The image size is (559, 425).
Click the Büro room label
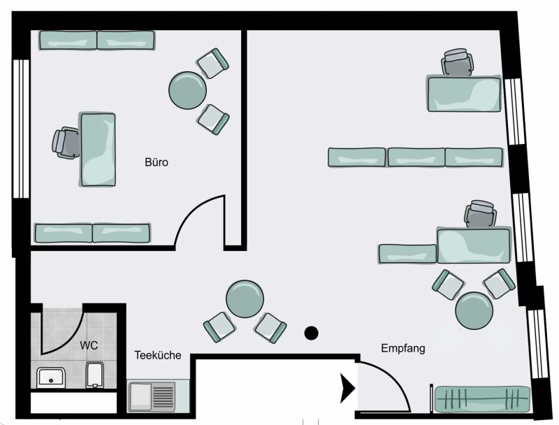click(x=156, y=162)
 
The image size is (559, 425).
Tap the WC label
click(x=89, y=345)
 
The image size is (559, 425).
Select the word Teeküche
click(x=158, y=355)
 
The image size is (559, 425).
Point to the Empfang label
click(x=403, y=348)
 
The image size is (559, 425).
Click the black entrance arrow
click(x=347, y=388)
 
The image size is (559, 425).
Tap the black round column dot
click(x=311, y=333)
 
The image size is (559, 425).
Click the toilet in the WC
click(x=95, y=375)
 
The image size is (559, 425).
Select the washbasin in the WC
click(x=51, y=378)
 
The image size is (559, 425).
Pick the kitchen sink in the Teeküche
click(x=152, y=396)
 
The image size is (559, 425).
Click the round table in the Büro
click(x=187, y=91)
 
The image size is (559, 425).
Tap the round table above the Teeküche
click(x=245, y=298)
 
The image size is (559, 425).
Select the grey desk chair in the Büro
click(x=66, y=143)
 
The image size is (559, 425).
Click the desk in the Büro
click(x=98, y=150)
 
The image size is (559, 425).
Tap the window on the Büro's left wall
click(x=21, y=129)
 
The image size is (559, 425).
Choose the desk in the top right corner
click(x=464, y=94)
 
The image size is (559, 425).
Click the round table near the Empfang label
click(x=474, y=310)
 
